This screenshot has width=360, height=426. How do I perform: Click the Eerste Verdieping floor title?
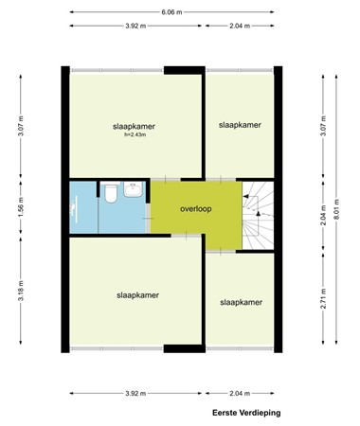click(x=246, y=413)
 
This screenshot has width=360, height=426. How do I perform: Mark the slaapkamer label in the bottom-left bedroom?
click(x=132, y=294)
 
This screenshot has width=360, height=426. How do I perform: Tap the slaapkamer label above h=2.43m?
click(x=132, y=126)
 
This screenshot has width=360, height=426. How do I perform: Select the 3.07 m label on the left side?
click(x=20, y=126)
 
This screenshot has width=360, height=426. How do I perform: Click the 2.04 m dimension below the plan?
click(x=242, y=393)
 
